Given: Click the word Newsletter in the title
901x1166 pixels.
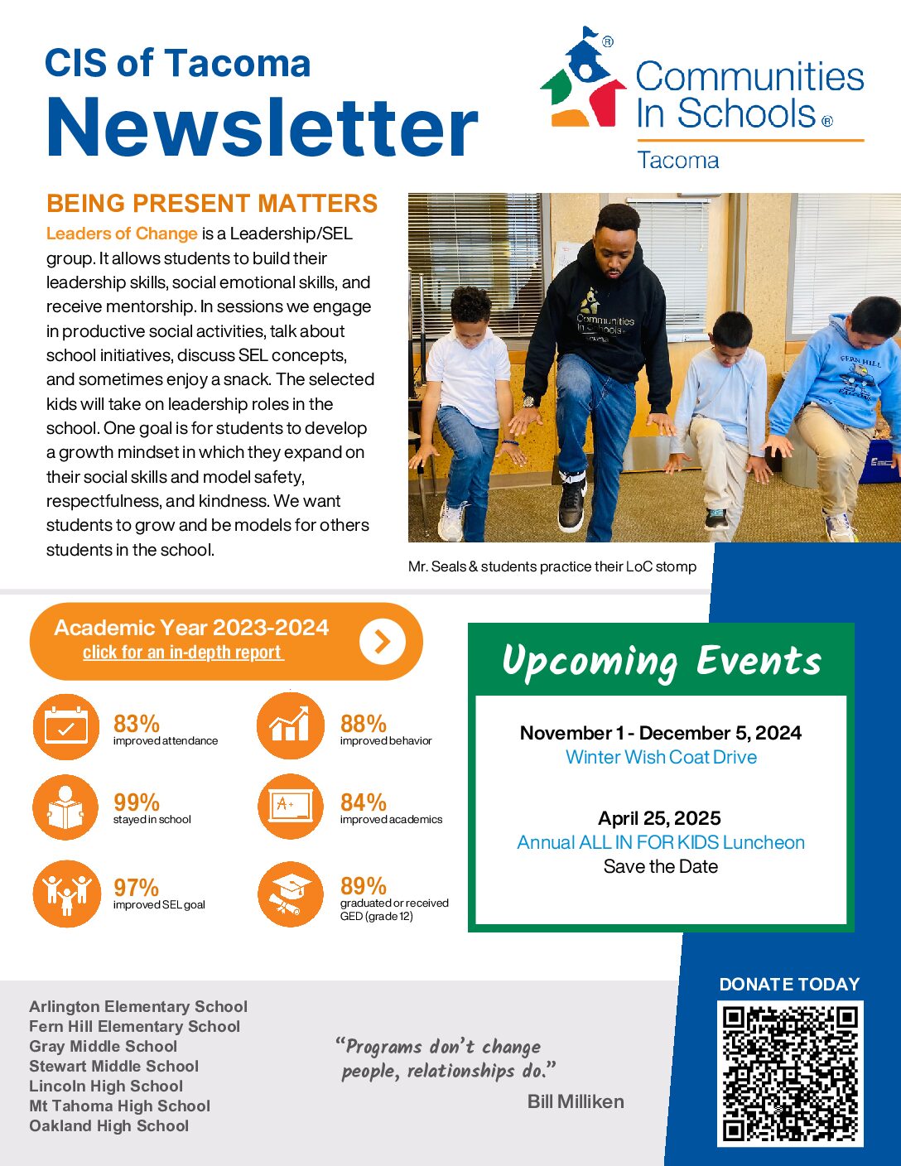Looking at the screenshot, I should coord(262,127).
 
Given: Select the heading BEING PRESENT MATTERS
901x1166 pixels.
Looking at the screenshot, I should coord(212,204).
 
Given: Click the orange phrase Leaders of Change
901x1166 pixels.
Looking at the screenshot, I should coord(122,234).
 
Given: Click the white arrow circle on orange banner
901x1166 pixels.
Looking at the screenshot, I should coord(382,641).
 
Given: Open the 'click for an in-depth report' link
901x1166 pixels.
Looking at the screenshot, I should coord(183,653).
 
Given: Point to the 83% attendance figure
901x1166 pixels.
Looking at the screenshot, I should coord(137,723).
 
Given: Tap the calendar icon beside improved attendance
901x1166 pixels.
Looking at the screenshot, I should coord(66,727).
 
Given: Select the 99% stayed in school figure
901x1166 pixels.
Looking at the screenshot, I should coord(137,802).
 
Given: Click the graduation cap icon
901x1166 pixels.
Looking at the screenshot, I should coord(290,894).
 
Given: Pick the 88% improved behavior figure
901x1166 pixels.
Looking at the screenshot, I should coord(364,723).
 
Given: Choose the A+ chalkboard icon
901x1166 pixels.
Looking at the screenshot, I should coord(290,807).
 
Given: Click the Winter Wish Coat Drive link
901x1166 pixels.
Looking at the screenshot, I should coord(661,757).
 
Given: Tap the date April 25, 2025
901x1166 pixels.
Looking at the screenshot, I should coord(659,818).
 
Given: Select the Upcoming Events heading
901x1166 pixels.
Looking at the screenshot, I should coord(661,661).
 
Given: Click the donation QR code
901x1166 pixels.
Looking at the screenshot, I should coord(790,1073).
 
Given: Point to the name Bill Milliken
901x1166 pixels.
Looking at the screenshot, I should coord(576,1101).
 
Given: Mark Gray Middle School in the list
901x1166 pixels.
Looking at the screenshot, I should coord(104,1046).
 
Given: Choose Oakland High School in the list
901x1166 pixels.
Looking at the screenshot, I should coord(109,1125).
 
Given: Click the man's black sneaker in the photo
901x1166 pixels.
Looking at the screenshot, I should coord(572,503).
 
